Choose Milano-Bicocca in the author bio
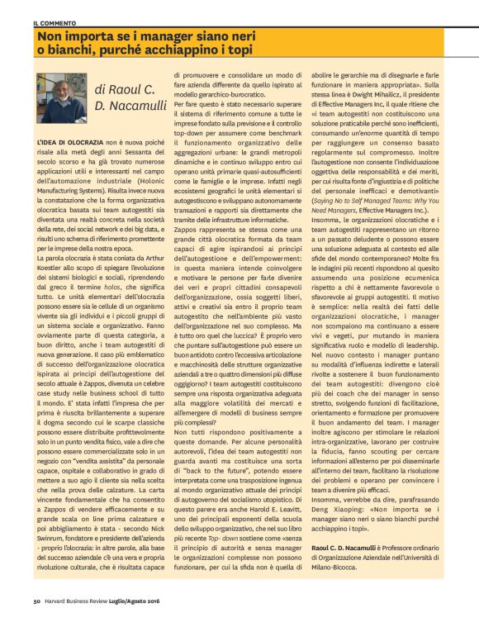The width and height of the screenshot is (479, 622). pos(354,566)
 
